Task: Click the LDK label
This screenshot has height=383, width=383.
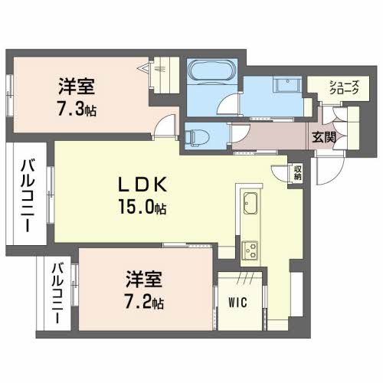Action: point(141,185)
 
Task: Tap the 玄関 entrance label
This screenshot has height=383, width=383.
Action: point(324,137)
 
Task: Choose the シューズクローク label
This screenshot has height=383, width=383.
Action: point(342,89)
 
